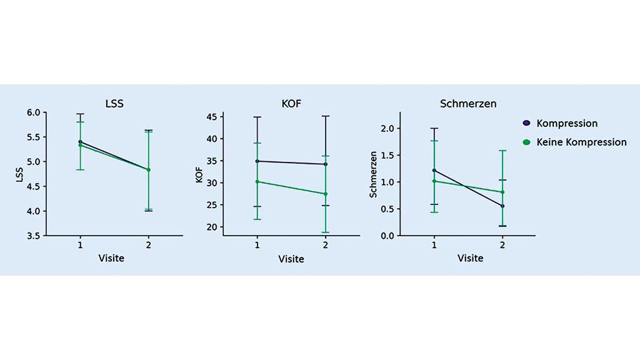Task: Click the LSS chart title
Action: point(114,104)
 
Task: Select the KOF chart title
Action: point(291,104)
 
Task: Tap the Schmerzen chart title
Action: point(467,104)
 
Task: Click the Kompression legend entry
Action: point(566,123)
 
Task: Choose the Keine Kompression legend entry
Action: point(581,142)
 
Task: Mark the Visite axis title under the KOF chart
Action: point(291,259)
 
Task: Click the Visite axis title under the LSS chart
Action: point(111,257)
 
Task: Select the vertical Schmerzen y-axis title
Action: point(373,174)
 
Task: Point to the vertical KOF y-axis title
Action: point(199,174)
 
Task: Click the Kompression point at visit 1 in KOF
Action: point(257,161)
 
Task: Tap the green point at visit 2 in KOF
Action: point(326,194)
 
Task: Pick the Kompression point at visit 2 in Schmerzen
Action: point(502,206)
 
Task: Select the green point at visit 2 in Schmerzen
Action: point(502,192)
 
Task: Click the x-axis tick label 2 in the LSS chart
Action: point(148,245)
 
